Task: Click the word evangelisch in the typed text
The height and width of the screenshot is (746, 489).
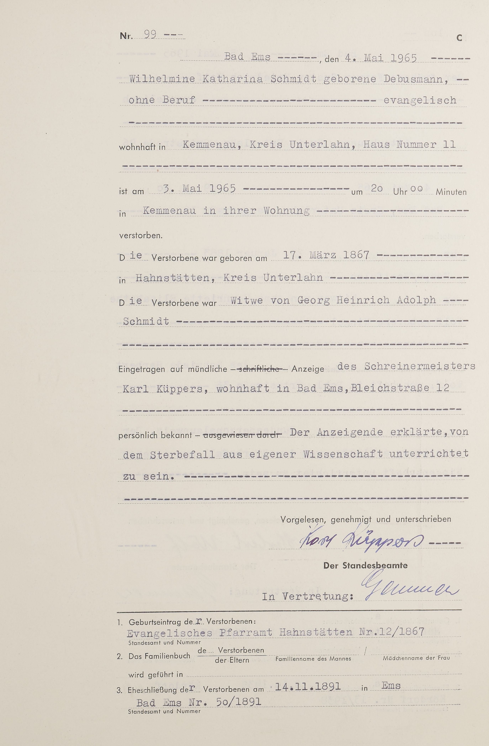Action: [x=420, y=101]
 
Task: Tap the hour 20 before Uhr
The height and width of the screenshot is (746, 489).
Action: [x=377, y=188]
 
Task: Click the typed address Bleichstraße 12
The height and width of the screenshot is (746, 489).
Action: [x=400, y=388]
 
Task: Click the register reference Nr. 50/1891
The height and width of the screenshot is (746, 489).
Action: [x=224, y=702]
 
